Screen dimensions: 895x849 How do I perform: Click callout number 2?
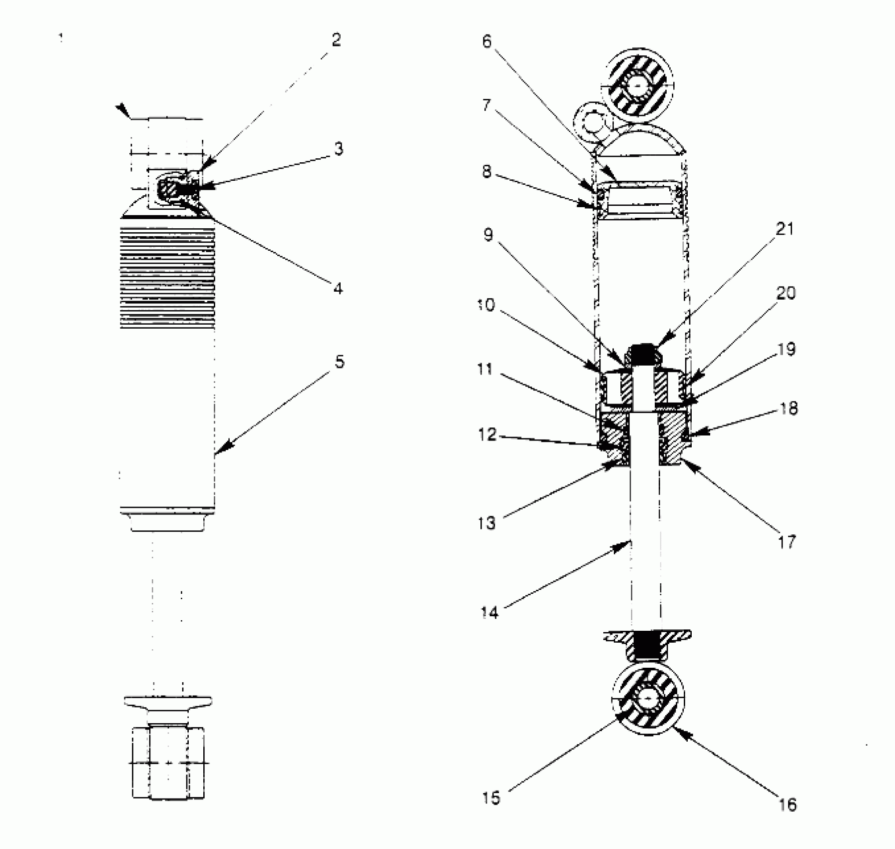point(336,40)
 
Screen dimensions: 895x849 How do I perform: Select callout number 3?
point(339,149)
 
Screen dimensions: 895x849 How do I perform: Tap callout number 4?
point(338,288)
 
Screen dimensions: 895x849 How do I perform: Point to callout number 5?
point(340,362)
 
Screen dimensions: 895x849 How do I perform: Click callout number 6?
point(487,41)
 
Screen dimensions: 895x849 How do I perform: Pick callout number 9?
point(488,235)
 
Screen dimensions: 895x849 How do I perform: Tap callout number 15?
point(491,798)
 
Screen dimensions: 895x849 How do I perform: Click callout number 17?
point(787,542)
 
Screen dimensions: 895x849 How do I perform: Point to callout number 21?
point(785,229)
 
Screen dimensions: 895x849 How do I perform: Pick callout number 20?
point(786,293)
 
